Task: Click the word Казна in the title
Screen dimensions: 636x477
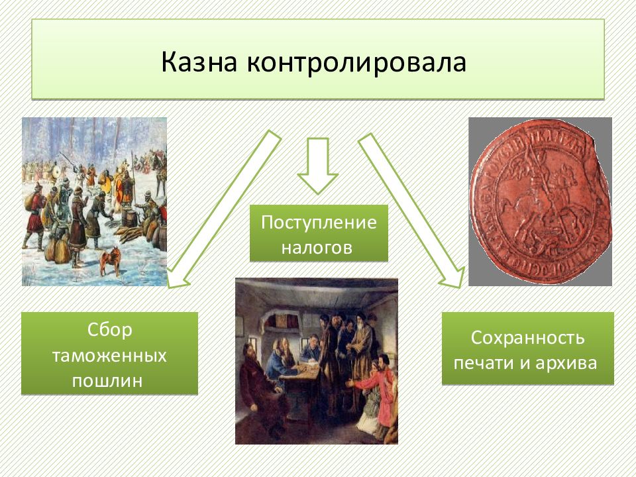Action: pos(199,62)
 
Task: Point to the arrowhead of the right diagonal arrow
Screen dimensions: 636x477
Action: pos(453,278)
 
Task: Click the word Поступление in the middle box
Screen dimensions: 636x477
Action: pos(319,223)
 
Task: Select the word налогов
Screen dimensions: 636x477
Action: pos(317,247)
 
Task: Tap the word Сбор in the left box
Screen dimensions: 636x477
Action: pos(109,329)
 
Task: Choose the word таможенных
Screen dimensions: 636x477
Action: pos(109,355)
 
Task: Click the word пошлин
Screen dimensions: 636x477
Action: pos(107,381)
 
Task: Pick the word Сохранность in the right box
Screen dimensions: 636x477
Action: pos(527,337)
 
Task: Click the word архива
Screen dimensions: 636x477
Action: pos(566,363)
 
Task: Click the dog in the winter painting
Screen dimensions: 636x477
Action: pos(111,261)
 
